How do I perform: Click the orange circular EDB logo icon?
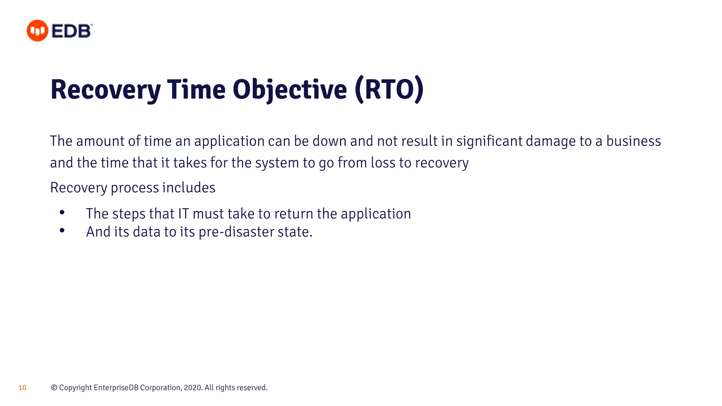[37, 31]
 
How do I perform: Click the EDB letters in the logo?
[72, 31]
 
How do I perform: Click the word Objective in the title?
[289, 90]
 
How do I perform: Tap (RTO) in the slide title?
[389, 90]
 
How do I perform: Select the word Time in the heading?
[196, 90]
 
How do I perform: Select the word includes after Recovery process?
[189, 187]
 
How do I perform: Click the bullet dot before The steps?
[62, 213]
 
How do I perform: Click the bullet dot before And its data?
[62, 230]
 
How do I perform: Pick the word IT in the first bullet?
[183, 214]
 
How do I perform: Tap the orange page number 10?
[23, 388]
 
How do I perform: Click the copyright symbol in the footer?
[54, 388]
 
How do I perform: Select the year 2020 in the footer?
[192, 388]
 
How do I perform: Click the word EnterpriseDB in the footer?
[116, 388]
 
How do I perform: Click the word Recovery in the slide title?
[105, 90]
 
